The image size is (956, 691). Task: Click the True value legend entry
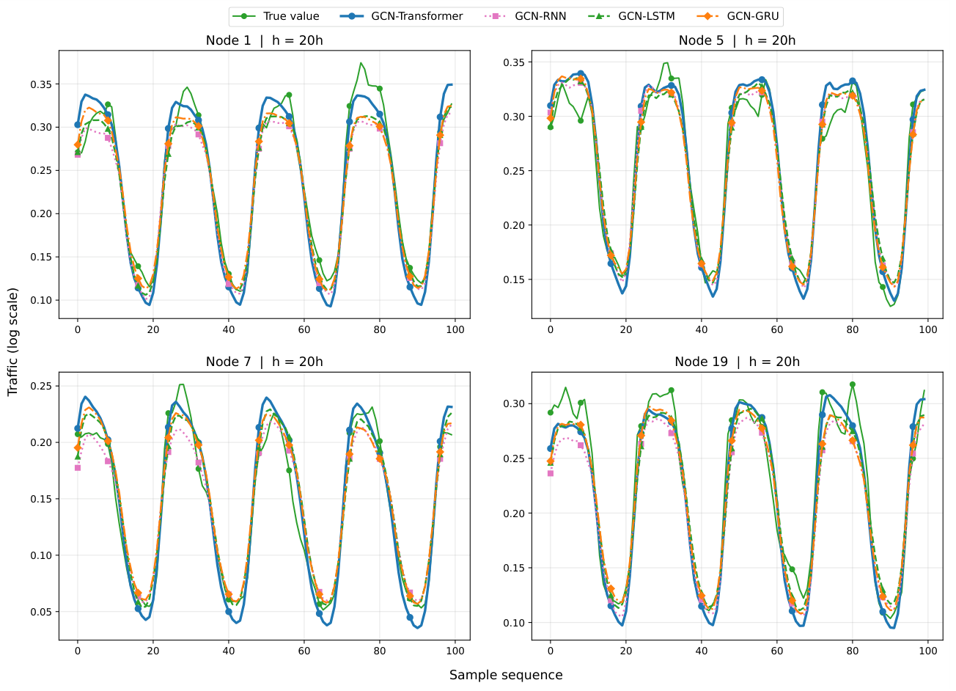click(276, 16)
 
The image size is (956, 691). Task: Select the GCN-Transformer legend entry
click(401, 16)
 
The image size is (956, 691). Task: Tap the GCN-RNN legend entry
click(526, 16)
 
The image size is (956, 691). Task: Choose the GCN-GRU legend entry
click(738, 16)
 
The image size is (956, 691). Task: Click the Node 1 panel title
click(264, 40)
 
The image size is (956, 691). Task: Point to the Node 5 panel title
click(737, 40)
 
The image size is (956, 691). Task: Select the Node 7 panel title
click(264, 362)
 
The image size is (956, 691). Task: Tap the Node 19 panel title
click(737, 362)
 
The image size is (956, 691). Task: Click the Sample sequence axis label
click(506, 675)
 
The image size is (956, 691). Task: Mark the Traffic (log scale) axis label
click(12, 342)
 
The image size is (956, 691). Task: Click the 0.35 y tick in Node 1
click(41, 84)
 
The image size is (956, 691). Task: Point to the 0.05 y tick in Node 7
click(41, 612)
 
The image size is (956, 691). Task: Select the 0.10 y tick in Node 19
click(514, 623)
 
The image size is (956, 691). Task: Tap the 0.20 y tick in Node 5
click(514, 225)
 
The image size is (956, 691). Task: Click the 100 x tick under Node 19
click(928, 651)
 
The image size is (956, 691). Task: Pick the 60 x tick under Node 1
click(304, 329)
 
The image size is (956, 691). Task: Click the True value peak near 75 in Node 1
click(361, 63)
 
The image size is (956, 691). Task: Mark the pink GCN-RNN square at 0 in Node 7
click(78, 468)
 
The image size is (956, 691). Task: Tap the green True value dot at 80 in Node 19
click(853, 384)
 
